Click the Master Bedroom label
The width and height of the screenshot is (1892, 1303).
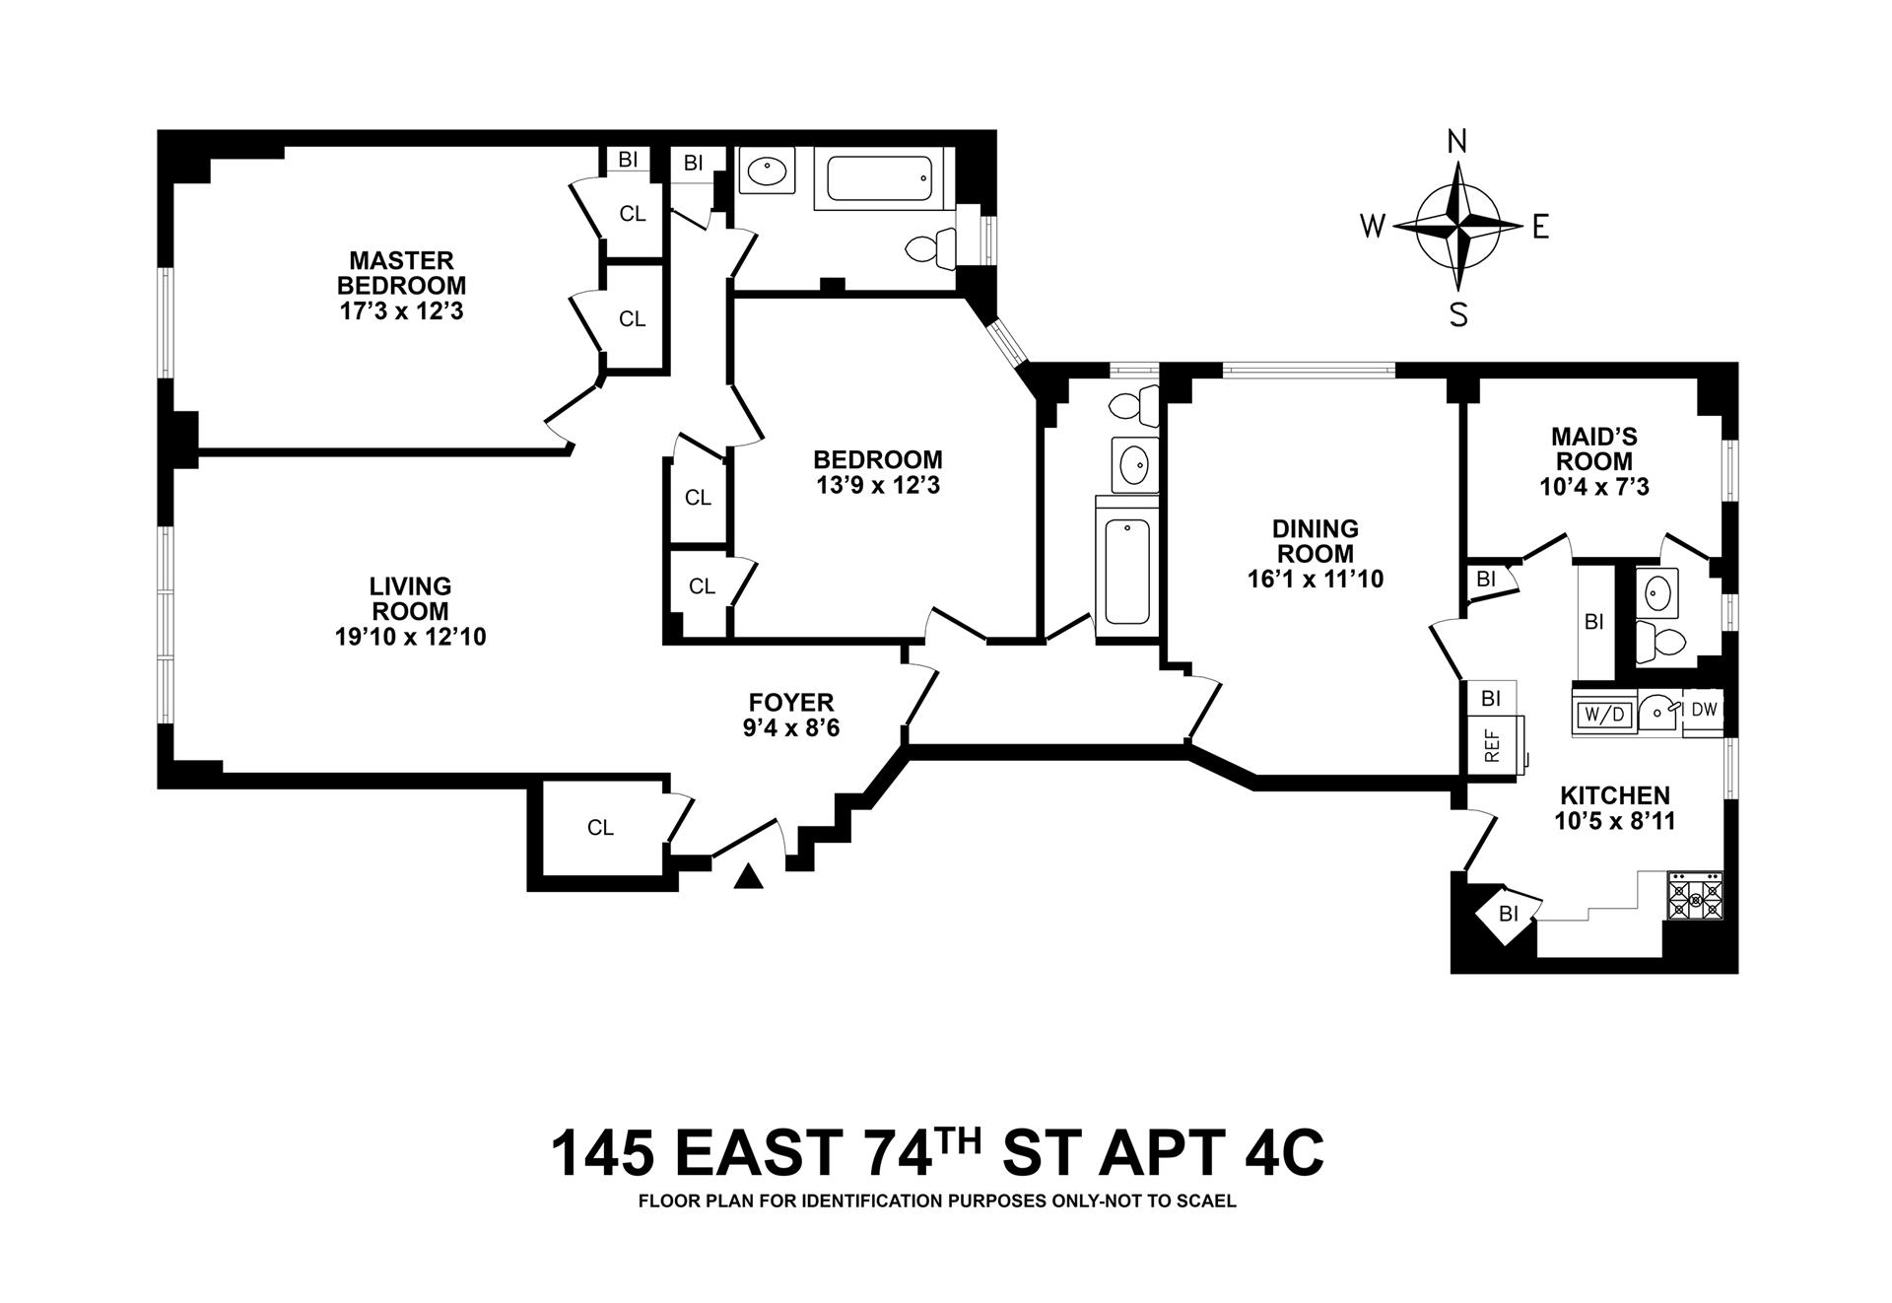[x=401, y=273]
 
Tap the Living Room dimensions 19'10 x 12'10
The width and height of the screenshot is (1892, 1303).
[x=410, y=637]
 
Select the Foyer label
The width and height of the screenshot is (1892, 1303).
[x=791, y=703]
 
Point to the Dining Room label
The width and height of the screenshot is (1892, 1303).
[x=1315, y=541]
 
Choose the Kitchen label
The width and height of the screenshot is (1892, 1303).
[x=1614, y=795]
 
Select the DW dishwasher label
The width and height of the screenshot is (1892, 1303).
[x=1705, y=709]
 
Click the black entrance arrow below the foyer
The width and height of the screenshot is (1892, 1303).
[x=749, y=875]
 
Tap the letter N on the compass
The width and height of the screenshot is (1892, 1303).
[x=1456, y=143]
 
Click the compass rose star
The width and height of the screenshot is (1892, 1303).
[x=1456, y=226]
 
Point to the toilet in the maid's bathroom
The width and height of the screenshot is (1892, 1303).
[x=1661, y=644]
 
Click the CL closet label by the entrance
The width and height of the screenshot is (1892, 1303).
[x=600, y=828]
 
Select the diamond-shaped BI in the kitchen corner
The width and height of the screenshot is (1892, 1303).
[x=1507, y=914]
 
